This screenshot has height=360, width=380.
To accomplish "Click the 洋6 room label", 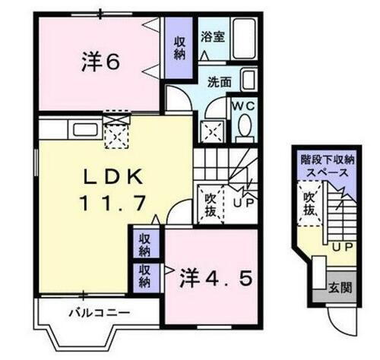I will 100,62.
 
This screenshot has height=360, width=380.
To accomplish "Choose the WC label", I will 243,106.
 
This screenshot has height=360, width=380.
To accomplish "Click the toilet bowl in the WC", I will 244,130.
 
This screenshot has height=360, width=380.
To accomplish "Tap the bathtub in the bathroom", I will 244,36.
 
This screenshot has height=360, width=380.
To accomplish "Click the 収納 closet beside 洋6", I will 179,48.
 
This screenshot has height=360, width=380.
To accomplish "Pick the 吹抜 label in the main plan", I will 211,204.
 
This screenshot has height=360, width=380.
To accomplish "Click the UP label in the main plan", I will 243,204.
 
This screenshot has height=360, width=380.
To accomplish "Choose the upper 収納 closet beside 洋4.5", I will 144,245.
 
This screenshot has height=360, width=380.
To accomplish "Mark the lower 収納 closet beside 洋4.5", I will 144,276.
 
